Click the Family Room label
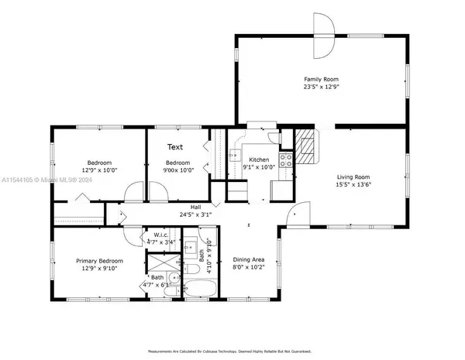pyautogui.click(x=321, y=79)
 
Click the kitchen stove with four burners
pyautogui.click(x=286, y=161)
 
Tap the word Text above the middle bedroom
pyautogui.click(x=175, y=146)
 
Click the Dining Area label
pyautogui.click(x=249, y=261)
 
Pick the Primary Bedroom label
pyautogui.click(x=97, y=261)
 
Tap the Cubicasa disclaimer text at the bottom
pyautogui.click(x=232, y=351)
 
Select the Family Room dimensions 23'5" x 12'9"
pyautogui.click(x=321, y=87)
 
